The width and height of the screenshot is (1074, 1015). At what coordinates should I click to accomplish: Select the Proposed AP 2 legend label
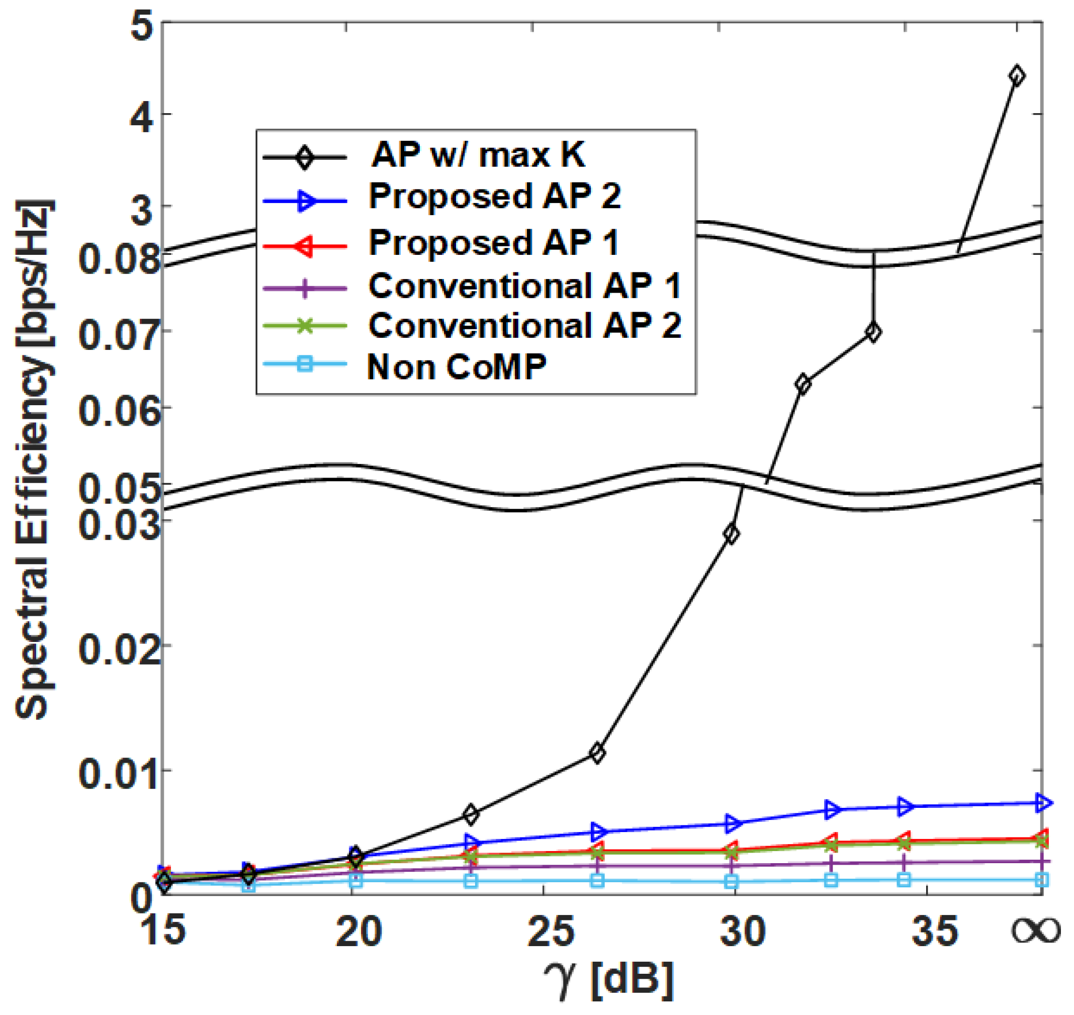coord(495,196)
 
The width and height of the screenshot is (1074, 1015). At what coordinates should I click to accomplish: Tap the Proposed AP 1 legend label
coord(493,242)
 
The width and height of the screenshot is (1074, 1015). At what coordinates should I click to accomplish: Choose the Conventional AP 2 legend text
coord(524,326)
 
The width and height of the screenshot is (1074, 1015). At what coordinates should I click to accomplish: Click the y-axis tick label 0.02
coord(120,649)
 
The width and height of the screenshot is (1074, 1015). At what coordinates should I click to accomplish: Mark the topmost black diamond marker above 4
coord(1017,76)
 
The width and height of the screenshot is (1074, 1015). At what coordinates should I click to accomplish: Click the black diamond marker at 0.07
coord(873,333)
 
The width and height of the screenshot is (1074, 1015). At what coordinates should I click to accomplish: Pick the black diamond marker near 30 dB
coord(732,534)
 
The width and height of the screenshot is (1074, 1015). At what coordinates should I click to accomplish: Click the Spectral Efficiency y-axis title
coord(34,460)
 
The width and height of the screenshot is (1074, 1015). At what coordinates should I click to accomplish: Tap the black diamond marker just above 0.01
coord(597,753)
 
